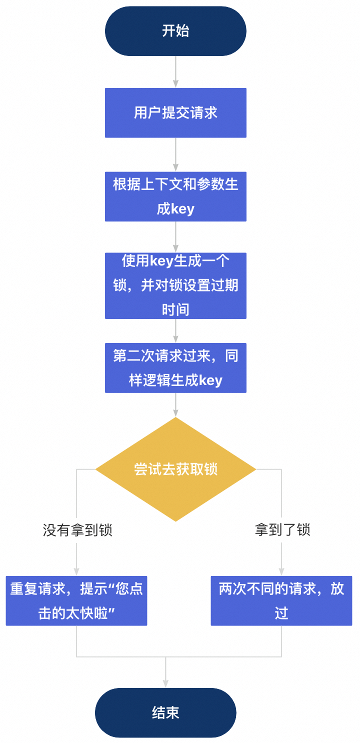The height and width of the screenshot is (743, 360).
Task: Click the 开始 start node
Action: (175, 31)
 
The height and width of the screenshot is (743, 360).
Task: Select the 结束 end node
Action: (165, 712)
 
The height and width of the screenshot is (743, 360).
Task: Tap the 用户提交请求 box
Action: (175, 112)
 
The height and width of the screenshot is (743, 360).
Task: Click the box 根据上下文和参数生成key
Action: (175, 196)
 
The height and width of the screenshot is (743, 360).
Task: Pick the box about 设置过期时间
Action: (175, 285)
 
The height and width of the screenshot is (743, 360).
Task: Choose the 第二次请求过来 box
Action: (175, 368)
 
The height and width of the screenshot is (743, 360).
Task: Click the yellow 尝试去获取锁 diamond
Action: (175, 469)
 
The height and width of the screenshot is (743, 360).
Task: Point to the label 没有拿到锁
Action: (77, 530)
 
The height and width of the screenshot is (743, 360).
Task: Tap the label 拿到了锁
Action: (282, 530)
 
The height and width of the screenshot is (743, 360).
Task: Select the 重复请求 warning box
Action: (76, 600)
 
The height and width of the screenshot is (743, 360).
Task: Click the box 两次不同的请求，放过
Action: (281, 600)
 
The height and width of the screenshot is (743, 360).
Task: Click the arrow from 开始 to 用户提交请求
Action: (175, 71)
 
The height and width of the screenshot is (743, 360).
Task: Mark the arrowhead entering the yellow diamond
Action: (175, 413)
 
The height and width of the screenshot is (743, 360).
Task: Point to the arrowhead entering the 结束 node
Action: (165, 683)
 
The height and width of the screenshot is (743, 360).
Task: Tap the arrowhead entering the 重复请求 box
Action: (76, 571)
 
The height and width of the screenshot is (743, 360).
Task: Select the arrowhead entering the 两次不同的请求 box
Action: (281, 571)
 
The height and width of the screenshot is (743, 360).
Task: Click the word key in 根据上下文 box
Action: (183, 209)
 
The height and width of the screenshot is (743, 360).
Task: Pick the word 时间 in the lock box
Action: (175, 309)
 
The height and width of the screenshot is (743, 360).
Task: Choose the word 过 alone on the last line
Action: (281, 613)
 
